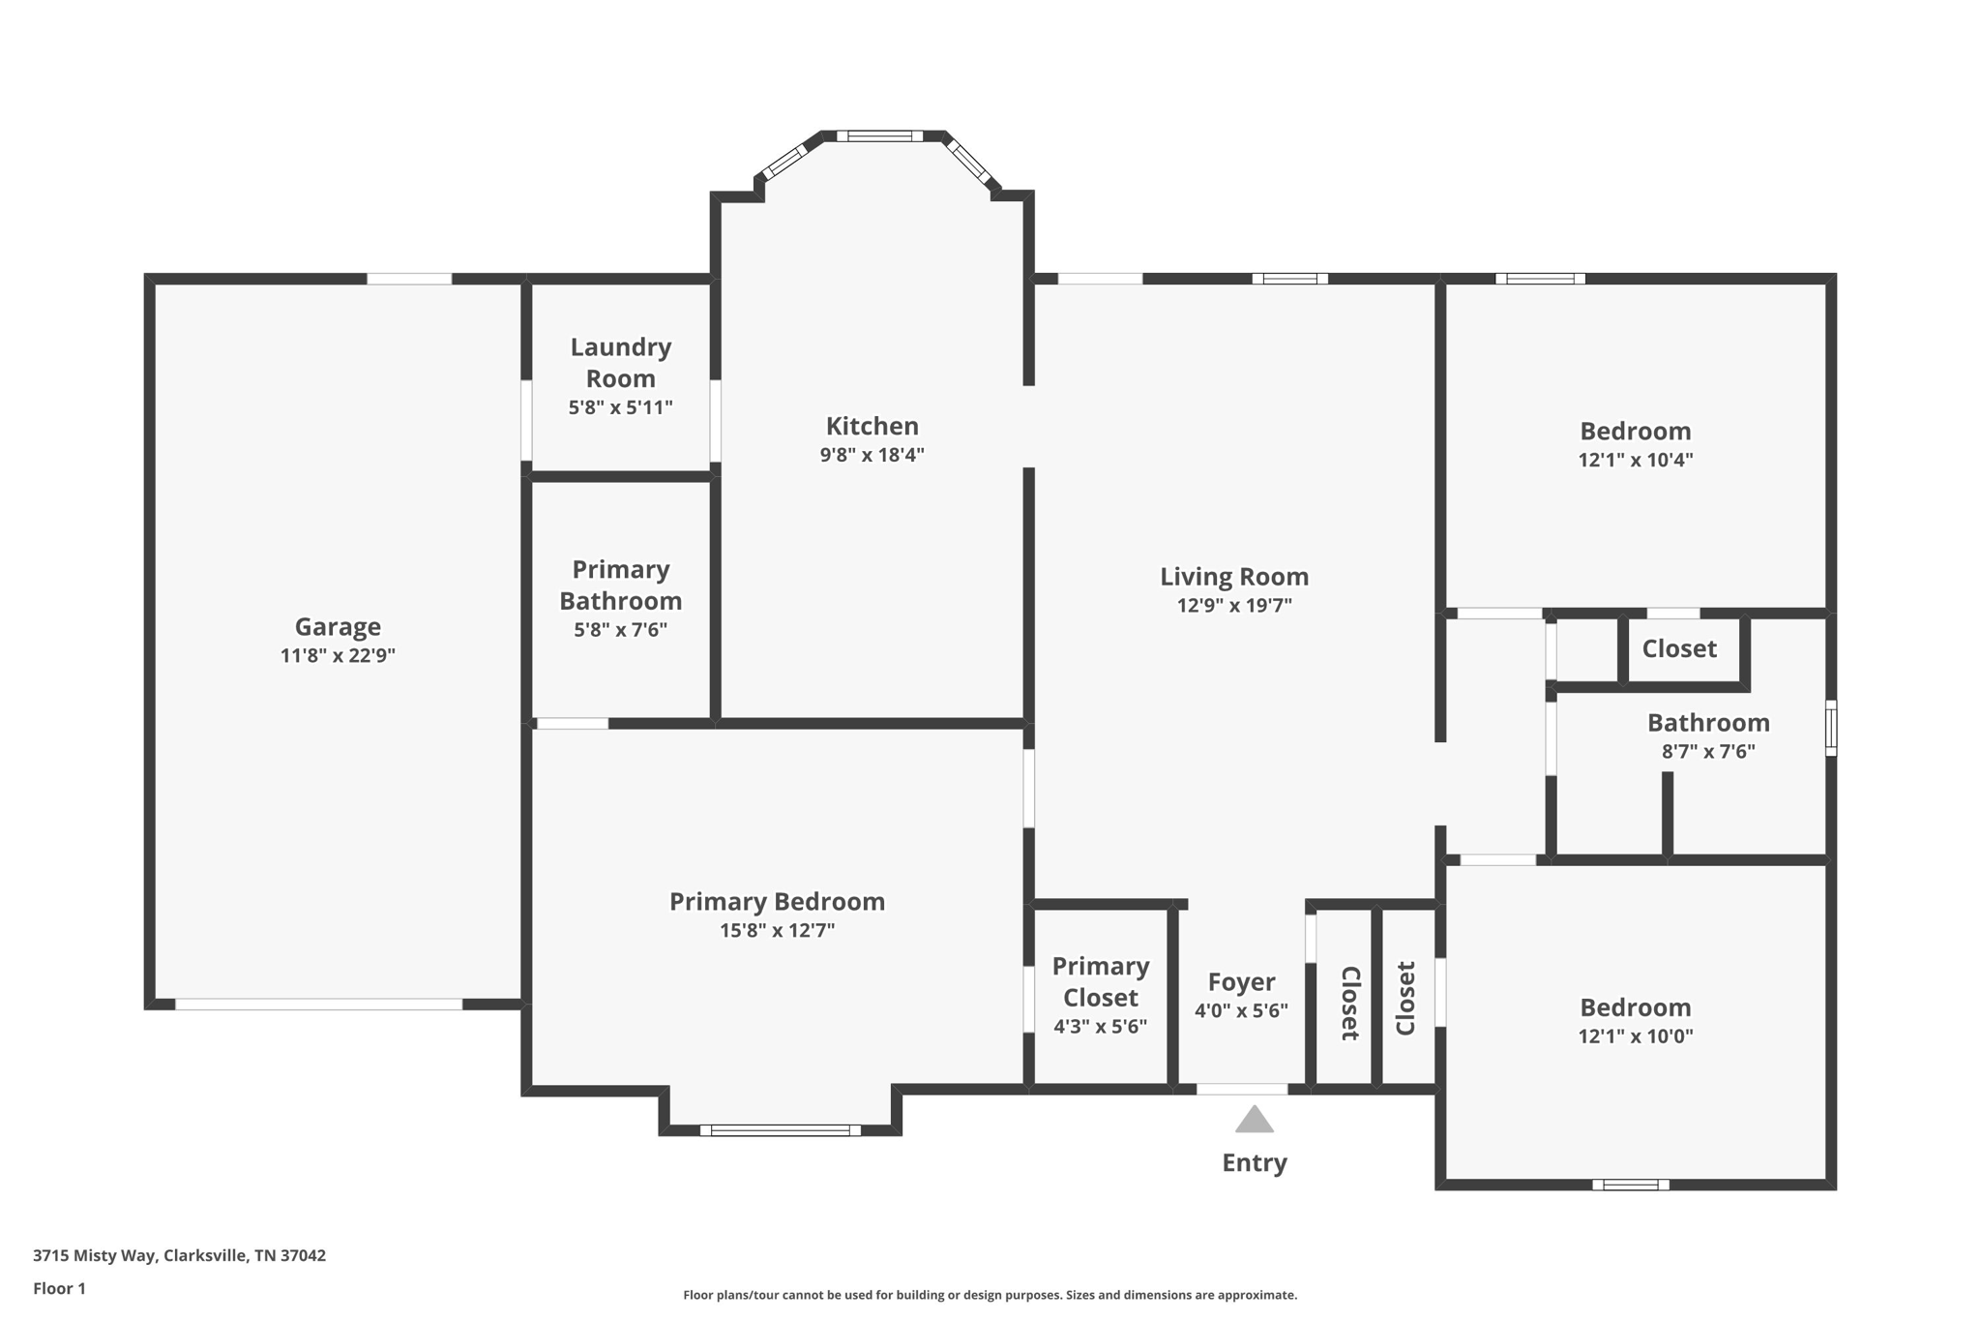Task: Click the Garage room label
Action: point(338,626)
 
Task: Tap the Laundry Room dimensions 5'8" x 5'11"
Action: point(620,407)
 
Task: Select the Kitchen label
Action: point(872,426)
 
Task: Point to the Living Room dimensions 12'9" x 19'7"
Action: point(1234,606)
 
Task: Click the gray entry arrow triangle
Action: point(1254,1120)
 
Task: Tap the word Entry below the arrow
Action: point(1254,1162)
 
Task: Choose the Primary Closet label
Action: point(1100,981)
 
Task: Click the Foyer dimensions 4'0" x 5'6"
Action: point(1241,1011)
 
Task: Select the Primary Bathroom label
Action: point(620,585)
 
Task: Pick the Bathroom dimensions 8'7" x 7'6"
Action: point(1708,752)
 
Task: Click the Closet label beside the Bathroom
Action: point(1679,648)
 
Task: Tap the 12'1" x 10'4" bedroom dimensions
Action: point(1635,461)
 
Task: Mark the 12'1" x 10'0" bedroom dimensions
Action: point(1635,1036)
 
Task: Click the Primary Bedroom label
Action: point(777,901)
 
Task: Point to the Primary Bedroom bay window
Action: point(780,1129)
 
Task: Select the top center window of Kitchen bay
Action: point(879,136)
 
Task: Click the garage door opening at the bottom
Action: point(318,1004)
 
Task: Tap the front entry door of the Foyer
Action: point(1242,1089)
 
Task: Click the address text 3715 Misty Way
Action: point(179,1255)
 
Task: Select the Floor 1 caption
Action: point(59,1288)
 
